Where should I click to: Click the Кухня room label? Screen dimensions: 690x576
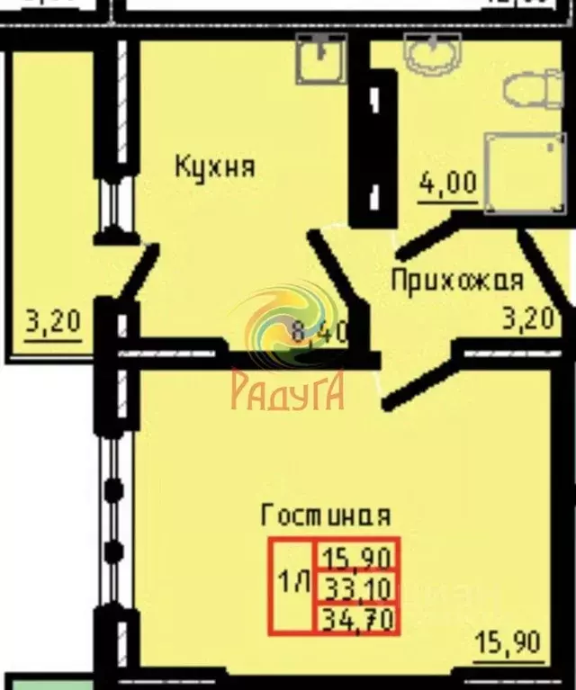tap(214, 166)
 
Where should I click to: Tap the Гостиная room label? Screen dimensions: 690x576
tap(325, 515)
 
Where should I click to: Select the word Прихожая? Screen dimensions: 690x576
tap(456, 280)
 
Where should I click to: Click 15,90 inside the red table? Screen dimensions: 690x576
tap(355, 554)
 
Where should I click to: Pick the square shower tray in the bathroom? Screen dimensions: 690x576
tap(526, 174)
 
